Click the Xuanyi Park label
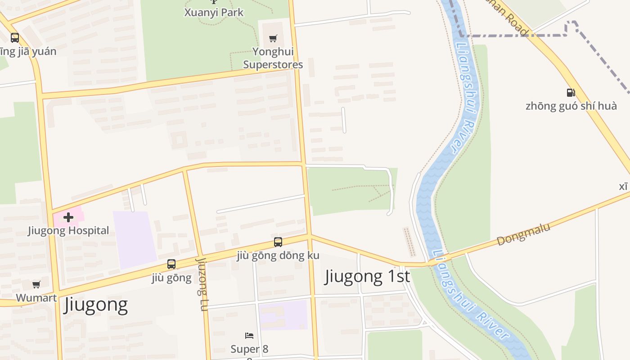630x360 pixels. click(214, 13)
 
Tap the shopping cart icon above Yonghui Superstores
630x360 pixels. click(273, 38)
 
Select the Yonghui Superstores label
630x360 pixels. click(273, 58)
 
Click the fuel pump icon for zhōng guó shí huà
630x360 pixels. click(571, 93)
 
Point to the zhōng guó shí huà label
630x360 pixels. click(571, 106)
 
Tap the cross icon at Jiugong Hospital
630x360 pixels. click(68, 217)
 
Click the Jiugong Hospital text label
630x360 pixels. click(68, 230)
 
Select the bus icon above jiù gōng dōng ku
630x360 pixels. click(278, 242)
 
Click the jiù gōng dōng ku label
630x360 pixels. click(278, 256)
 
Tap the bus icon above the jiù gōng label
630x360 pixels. click(171, 264)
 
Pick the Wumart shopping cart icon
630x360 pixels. click(36, 284)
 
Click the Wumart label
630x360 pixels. click(36, 297)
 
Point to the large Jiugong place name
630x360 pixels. click(96, 305)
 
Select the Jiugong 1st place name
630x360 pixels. click(367, 276)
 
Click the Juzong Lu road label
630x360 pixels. click(202, 284)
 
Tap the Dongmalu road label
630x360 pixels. click(523, 234)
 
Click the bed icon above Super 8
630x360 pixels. click(249, 336)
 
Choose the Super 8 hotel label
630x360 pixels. click(249, 349)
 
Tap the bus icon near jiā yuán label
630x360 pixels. click(15, 38)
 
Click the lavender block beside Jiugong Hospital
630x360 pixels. click(135, 238)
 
